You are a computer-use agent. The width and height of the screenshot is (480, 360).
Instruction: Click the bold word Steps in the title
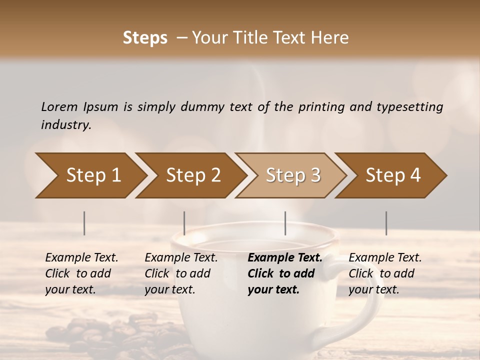point(145,38)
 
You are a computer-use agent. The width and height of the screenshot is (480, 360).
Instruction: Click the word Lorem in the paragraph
point(58,106)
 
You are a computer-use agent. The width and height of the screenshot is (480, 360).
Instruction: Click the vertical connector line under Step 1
point(84,223)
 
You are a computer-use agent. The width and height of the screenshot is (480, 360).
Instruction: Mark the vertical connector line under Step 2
point(184,223)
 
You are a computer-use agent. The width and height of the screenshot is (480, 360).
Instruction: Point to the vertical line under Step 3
point(285,223)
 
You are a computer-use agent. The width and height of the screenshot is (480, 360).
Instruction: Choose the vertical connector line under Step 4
point(386,223)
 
